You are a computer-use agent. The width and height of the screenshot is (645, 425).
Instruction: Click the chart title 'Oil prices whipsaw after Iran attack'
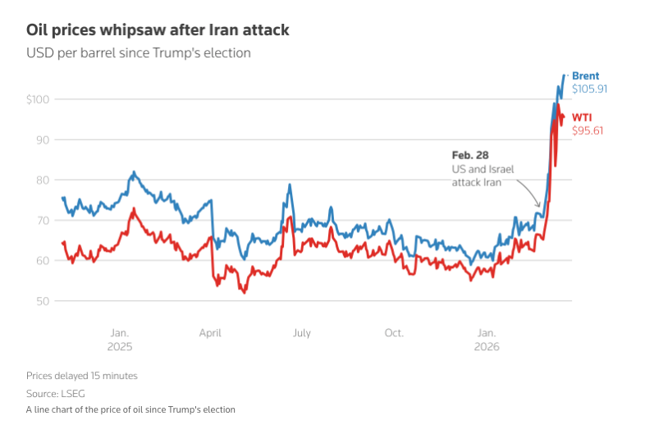click(157, 30)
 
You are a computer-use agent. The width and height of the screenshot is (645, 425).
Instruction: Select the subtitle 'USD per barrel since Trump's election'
click(138, 53)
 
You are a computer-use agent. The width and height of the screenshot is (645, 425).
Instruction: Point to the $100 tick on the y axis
click(38, 99)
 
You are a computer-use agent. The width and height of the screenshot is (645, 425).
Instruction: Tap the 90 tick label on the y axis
click(43, 139)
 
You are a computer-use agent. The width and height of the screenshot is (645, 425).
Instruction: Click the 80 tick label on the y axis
click(43, 180)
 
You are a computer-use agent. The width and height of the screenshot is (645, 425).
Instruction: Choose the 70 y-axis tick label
click(43, 220)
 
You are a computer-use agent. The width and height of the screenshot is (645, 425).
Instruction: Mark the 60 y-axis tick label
click(43, 260)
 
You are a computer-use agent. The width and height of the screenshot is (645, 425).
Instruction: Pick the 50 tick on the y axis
click(43, 300)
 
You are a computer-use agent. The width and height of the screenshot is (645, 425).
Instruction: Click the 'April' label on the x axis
click(211, 332)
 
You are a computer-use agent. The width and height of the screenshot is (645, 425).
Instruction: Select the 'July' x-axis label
click(302, 332)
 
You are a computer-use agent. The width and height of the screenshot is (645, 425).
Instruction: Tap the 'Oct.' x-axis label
click(394, 332)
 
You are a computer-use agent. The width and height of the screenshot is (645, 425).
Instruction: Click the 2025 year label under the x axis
click(119, 346)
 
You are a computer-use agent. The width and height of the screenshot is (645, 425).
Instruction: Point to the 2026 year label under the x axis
click(487, 346)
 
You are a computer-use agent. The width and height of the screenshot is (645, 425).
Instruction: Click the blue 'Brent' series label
click(586, 76)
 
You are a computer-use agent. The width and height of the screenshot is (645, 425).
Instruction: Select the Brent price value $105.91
click(590, 89)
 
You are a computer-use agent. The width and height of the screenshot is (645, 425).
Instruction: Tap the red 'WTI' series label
click(582, 117)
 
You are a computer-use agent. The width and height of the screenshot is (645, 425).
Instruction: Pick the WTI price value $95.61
click(588, 130)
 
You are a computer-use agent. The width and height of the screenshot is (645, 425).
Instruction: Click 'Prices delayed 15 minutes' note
click(81, 376)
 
